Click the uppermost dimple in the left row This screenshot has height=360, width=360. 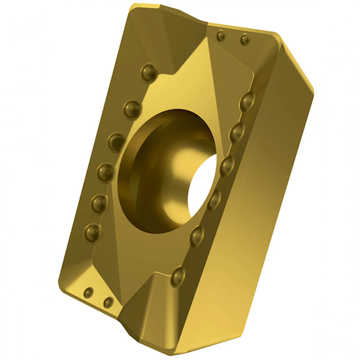[x=148, y=73]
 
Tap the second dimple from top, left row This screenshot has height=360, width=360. [x=132, y=109]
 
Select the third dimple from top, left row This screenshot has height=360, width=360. [x=116, y=142]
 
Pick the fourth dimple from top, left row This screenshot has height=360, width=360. [x=106, y=173]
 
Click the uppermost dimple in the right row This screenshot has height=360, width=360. [x=247, y=102]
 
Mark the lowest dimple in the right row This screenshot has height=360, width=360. [x=178, y=276]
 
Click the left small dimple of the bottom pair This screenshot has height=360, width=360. [x=89, y=293]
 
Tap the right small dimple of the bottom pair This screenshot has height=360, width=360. [x=108, y=302]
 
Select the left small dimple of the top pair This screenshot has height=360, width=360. [x=221, y=36]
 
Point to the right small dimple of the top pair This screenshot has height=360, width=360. [x=244, y=40]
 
